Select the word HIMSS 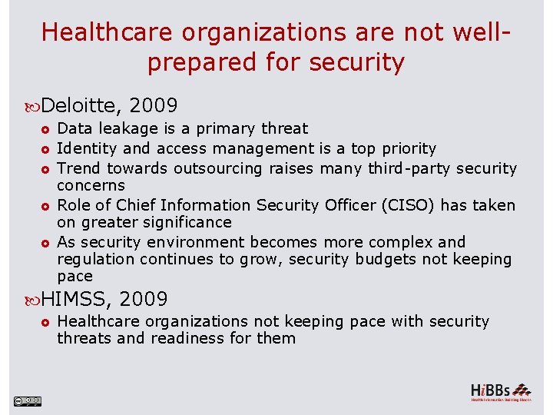pyautogui.click(x=76, y=298)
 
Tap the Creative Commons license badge pyautogui.click(x=27, y=400)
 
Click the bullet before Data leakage pyautogui.click(x=46, y=129)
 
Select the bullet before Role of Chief pyautogui.click(x=46, y=206)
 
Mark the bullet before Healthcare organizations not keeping pyautogui.click(x=46, y=322)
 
